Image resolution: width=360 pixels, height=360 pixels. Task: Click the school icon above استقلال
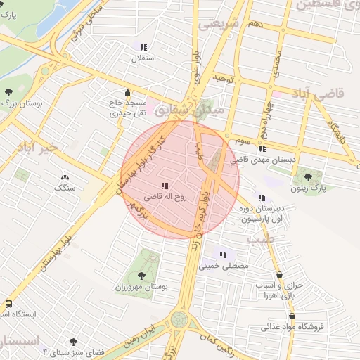click(x=143, y=46)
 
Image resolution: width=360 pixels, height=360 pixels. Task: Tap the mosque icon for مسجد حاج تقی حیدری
click(x=127, y=92)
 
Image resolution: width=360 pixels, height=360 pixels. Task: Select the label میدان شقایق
click(x=200, y=110)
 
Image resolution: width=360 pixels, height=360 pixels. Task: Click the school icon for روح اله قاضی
click(x=164, y=186)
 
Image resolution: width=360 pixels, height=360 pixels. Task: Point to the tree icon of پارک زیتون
click(x=307, y=176)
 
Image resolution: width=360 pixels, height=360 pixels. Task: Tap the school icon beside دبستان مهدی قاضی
click(x=262, y=148)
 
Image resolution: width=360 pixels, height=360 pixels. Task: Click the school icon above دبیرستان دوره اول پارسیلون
click(x=262, y=198)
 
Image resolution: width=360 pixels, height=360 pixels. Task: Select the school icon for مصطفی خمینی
click(x=223, y=255)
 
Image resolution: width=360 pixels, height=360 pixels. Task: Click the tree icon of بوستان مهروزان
click(x=143, y=276)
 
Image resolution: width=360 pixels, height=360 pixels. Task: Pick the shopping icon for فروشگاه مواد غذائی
click(x=284, y=315)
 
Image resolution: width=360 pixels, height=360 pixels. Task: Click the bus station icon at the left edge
click(x=8, y=304)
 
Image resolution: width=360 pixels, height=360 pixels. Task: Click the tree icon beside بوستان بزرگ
click(x=8, y=92)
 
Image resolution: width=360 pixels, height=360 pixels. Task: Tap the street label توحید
click(x=223, y=77)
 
